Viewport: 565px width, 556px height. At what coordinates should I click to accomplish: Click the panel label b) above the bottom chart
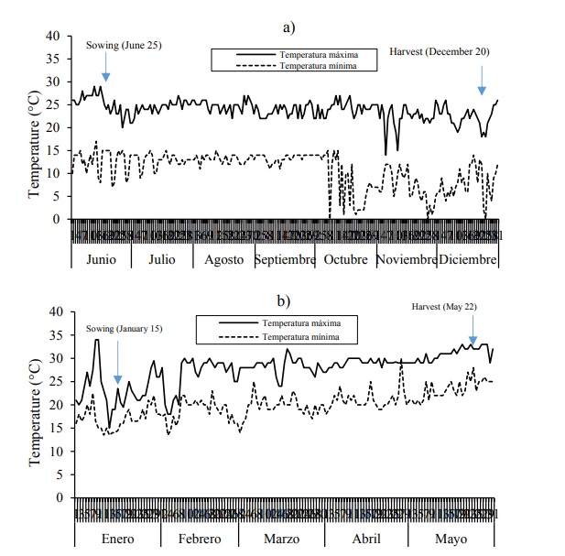point(283,300)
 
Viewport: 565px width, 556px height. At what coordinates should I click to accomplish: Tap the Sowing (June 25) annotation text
point(124,45)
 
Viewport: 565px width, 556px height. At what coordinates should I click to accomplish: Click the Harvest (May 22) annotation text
point(444,307)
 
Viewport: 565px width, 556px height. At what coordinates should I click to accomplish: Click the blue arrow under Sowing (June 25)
point(106,66)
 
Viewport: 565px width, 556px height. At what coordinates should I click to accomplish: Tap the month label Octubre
point(345,259)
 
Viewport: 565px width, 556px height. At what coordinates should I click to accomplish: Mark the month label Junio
point(101,259)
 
